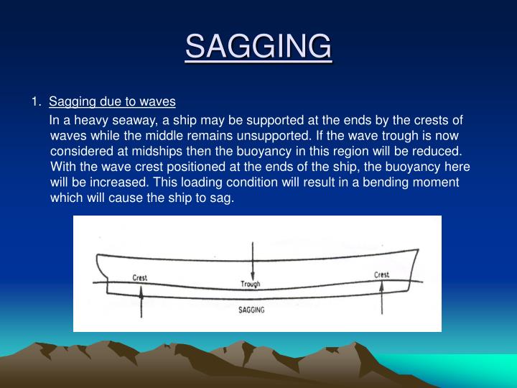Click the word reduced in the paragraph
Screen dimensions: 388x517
[439, 152]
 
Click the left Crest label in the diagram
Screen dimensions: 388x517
[141, 278]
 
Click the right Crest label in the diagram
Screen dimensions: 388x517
[381, 274]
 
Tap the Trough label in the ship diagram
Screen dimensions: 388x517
[251, 285]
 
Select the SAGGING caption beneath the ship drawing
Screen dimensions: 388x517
[251, 310]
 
